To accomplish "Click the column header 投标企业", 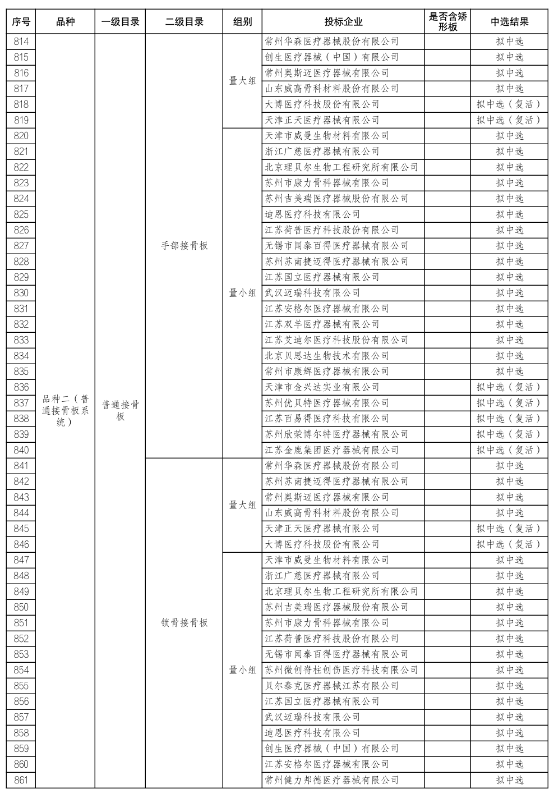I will click(x=343, y=22).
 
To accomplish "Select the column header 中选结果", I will click(x=509, y=22).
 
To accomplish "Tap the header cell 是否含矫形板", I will click(x=447, y=22).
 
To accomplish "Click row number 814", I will click(x=21, y=42).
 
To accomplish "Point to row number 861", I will click(x=21, y=780).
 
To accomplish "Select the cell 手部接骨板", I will click(x=184, y=246).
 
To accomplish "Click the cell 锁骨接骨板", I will click(x=184, y=623).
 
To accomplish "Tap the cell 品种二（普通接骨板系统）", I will click(x=66, y=411).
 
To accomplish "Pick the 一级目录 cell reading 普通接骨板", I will click(x=121, y=411).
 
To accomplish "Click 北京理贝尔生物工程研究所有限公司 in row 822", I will click(x=341, y=167).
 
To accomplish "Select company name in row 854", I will click(x=341, y=670).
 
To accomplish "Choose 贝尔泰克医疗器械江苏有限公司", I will click(x=332, y=686).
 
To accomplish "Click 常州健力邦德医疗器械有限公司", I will click(x=332, y=780).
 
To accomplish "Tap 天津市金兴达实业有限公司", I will click(x=322, y=387).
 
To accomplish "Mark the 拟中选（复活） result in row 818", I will click(x=509, y=104).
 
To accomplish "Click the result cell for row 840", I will click(x=509, y=450).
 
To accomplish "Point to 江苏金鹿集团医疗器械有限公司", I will click(x=332, y=450).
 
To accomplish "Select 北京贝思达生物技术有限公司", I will click(x=327, y=356).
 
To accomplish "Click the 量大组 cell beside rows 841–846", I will click(x=243, y=505).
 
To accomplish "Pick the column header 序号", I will click(x=21, y=22).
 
